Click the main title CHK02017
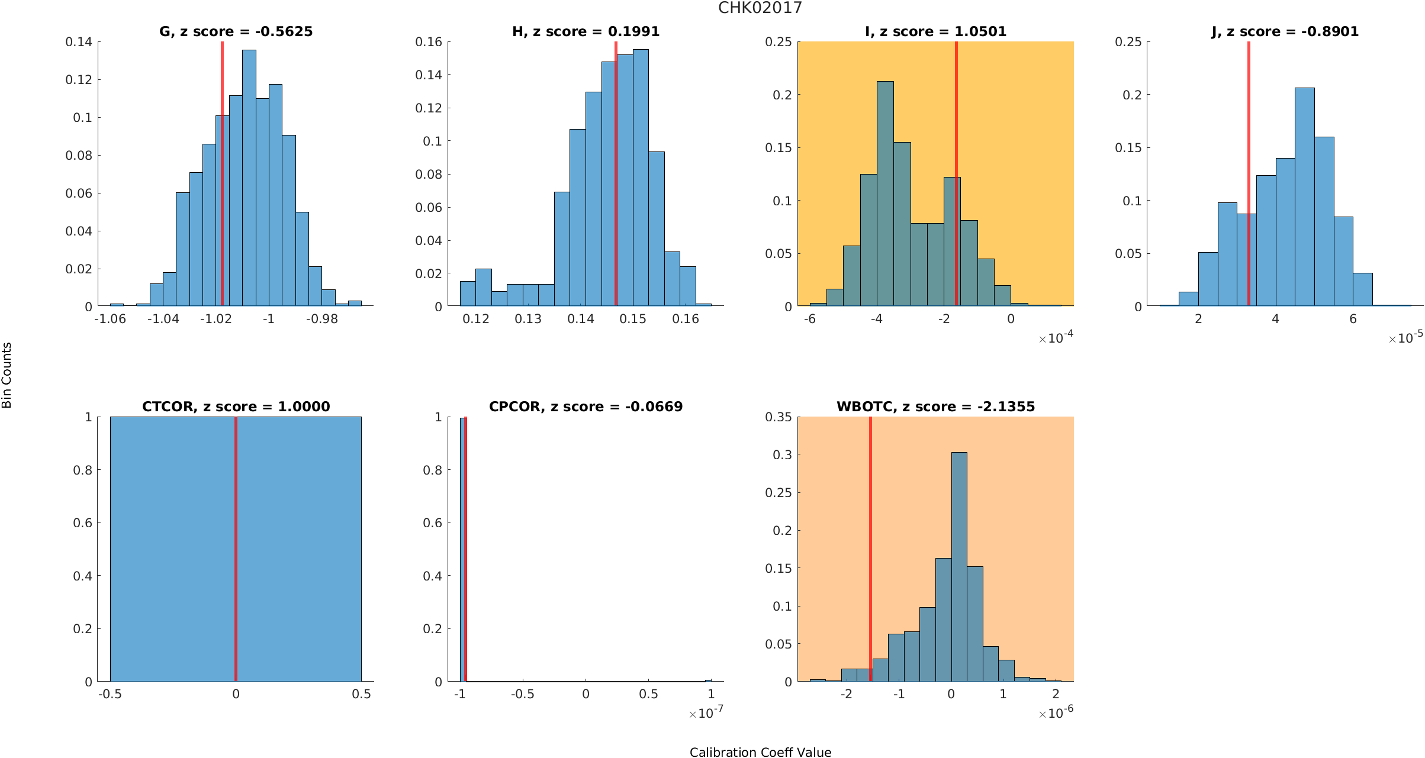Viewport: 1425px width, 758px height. point(760,8)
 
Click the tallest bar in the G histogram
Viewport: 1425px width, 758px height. point(249,178)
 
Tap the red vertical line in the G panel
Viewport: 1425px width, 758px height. point(222,178)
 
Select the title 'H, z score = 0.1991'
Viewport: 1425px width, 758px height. point(586,31)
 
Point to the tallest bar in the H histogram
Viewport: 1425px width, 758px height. point(641,178)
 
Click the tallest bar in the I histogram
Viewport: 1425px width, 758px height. point(885,195)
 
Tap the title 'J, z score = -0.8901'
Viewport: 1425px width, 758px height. point(1285,31)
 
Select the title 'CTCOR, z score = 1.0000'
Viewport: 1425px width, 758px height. point(236,407)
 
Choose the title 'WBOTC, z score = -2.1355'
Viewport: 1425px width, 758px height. point(935,407)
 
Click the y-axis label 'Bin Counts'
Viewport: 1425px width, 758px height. point(7,375)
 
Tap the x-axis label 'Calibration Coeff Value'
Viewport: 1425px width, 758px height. point(760,752)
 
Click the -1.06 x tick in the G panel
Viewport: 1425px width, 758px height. point(110,319)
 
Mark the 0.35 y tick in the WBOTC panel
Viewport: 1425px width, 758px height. point(778,417)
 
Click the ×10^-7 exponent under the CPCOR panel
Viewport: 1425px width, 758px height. point(706,713)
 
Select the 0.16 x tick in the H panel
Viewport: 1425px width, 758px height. point(686,319)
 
